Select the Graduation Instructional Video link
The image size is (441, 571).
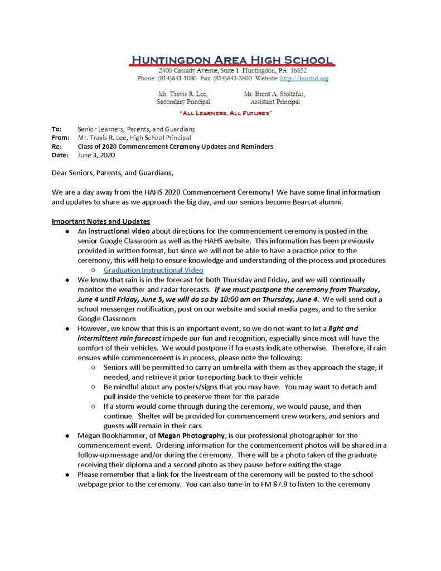(x=149, y=270)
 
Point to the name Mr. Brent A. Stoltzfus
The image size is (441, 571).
(x=274, y=94)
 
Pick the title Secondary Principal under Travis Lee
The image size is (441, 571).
(x=183, y=102)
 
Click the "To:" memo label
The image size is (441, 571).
(x=56, y=129)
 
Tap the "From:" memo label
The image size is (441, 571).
(x=60, y=138)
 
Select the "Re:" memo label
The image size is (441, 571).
(x=56, y=147)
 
